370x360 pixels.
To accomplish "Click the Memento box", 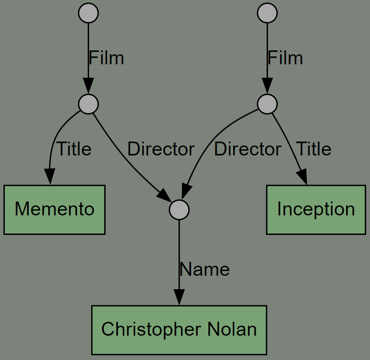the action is click(x=54, y=210).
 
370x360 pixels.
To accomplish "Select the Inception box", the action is click(x=316, y=210).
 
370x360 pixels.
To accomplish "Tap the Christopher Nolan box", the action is click(x=179, y=330).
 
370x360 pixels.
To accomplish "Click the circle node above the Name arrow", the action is click(x=179, y=210).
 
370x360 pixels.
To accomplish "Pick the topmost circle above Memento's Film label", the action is click(x=88, y=13).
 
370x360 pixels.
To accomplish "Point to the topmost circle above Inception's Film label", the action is click(x=267, y=13).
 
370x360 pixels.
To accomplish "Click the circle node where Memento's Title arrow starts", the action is click(x=88, y=104).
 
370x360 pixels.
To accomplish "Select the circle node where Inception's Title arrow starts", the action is click(x=267, y=104).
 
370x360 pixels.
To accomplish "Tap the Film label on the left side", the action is click(x=106, y=58).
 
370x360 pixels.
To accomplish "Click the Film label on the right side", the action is click(x=285, y=58).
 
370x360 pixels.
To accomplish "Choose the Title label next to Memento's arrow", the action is click(x=74, y=149).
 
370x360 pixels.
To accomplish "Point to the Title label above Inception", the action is click(x=314, y=149).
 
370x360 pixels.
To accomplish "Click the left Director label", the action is click(x=161, y=149).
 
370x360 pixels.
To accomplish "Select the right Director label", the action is click(x=248, y=149).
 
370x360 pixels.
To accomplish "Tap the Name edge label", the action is click(x=205, y=269).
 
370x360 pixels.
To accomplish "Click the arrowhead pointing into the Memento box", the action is click(x=50, y=176).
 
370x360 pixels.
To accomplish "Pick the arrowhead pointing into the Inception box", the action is click(x=302, y=176).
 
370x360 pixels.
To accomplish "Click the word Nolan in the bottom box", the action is click(x=232, y=329).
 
